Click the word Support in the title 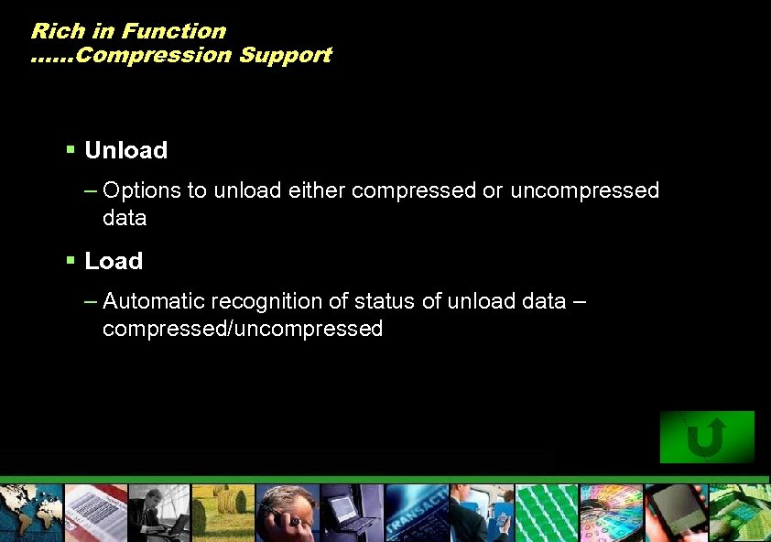(x=285, y=55)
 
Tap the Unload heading (x=125, y=150)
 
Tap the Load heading (x=114, y=261)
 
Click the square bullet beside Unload (x=71, y=149)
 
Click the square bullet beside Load (x=71, y=260)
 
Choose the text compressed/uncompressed (x=243, y=329)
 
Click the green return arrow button (x=707, y=437)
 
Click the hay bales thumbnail (x=223, y=513)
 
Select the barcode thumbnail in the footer (x=94, y=513)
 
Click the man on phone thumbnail (x=288, y=513)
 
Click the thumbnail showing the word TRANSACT (x=417, y=513)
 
